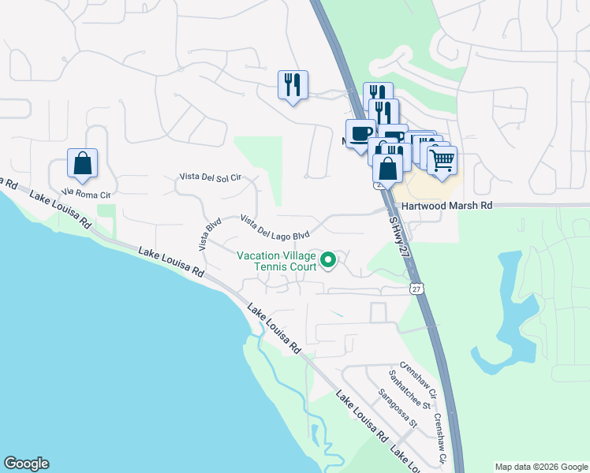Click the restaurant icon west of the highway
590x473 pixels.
pos(293,84)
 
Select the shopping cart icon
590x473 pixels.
pos(442,160)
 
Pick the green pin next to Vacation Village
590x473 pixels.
pos(330,259)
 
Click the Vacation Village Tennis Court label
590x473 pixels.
pos(277,260)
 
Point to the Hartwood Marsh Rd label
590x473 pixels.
pos(446,205)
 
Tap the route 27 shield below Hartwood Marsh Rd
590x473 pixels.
pos(416,289)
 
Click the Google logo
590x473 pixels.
pos(26,464)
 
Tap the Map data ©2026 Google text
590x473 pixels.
pos(541,467)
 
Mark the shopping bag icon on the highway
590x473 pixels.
pos(387,168)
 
